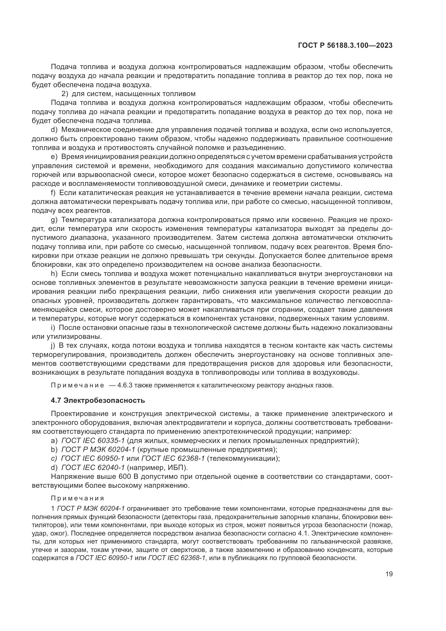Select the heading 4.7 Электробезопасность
pos(98,400)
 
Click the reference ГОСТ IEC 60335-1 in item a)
pos(93,441)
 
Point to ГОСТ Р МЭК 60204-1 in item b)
pos(98,450)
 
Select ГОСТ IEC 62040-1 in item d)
pos(93,468)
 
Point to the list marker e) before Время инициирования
pos(54,157)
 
